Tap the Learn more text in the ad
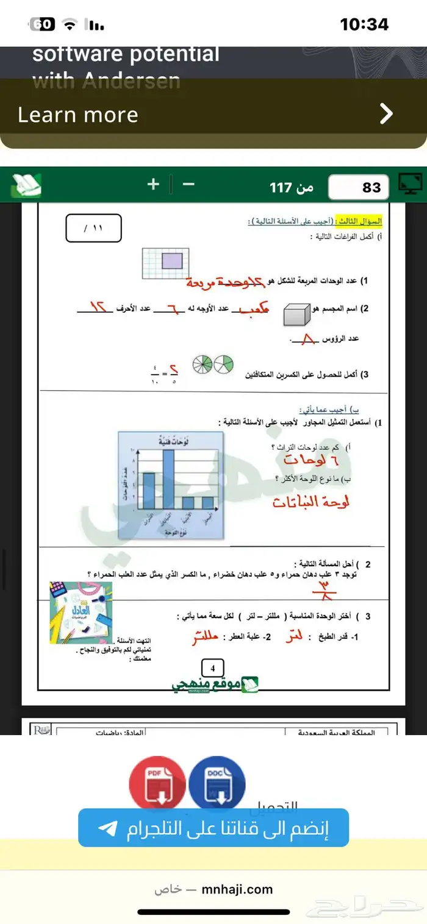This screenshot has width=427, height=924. click(78, 115)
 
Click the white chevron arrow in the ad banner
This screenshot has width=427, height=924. click(386, 113)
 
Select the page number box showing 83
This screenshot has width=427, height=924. click(359, 187)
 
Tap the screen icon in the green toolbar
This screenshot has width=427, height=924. click(410, 185)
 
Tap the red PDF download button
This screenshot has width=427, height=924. click(157, 783)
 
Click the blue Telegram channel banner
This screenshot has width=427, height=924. click(213, 828)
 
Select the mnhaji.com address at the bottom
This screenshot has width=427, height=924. click(237, 889)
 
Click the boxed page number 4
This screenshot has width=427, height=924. click(213, 668)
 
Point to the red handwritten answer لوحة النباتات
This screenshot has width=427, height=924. click(311, 502)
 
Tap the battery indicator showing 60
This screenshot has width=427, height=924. click(43, 24)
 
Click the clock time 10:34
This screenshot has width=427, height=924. click(364, 24)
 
